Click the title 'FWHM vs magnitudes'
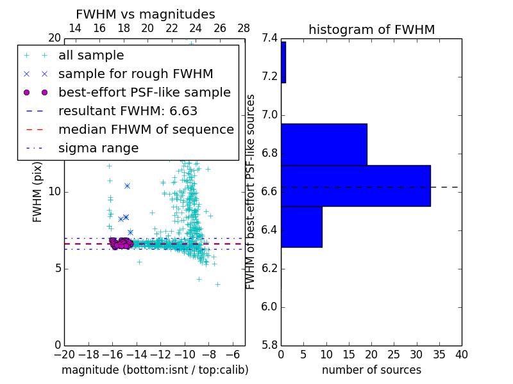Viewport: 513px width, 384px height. coord(145,14)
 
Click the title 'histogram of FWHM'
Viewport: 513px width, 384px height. coord(371,29)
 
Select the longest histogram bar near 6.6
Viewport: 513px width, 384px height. coord(355,186)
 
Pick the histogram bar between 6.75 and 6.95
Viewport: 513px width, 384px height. coord(324,144)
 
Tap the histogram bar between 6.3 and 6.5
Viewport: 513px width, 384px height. coord(301,227)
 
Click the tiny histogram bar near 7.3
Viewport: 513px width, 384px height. coord(283,62)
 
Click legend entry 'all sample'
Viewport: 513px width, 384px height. coord(91,56)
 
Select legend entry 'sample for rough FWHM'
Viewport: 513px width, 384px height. coord(135,74)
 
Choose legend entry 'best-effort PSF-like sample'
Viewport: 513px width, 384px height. coord(144,92)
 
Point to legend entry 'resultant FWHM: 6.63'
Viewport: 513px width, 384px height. coord(128,111)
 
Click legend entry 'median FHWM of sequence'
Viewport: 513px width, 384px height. coord(146,129)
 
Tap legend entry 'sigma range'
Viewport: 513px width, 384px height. coord(98,148)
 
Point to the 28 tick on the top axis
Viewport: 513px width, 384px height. coord(244,28)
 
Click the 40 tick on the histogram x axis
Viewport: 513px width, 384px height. coord(461,355)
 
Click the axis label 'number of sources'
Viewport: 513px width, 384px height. coord(371,370)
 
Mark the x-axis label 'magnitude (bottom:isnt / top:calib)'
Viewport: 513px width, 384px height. coord(155,370)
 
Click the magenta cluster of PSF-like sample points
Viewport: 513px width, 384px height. coord(119,243)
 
